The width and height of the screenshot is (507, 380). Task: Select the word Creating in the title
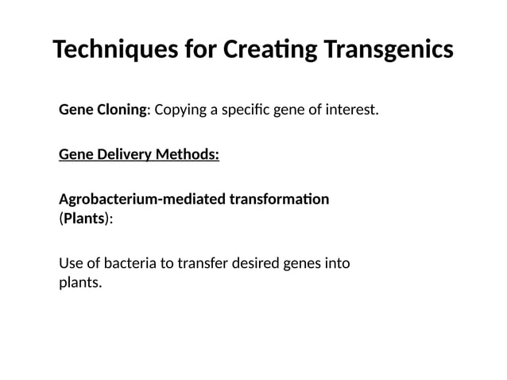tap(272, 49)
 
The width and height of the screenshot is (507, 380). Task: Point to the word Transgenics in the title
tap(389, 49)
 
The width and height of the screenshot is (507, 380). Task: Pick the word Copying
tap(180, 109)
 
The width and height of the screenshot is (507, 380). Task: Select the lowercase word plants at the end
tap(80, 282)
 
